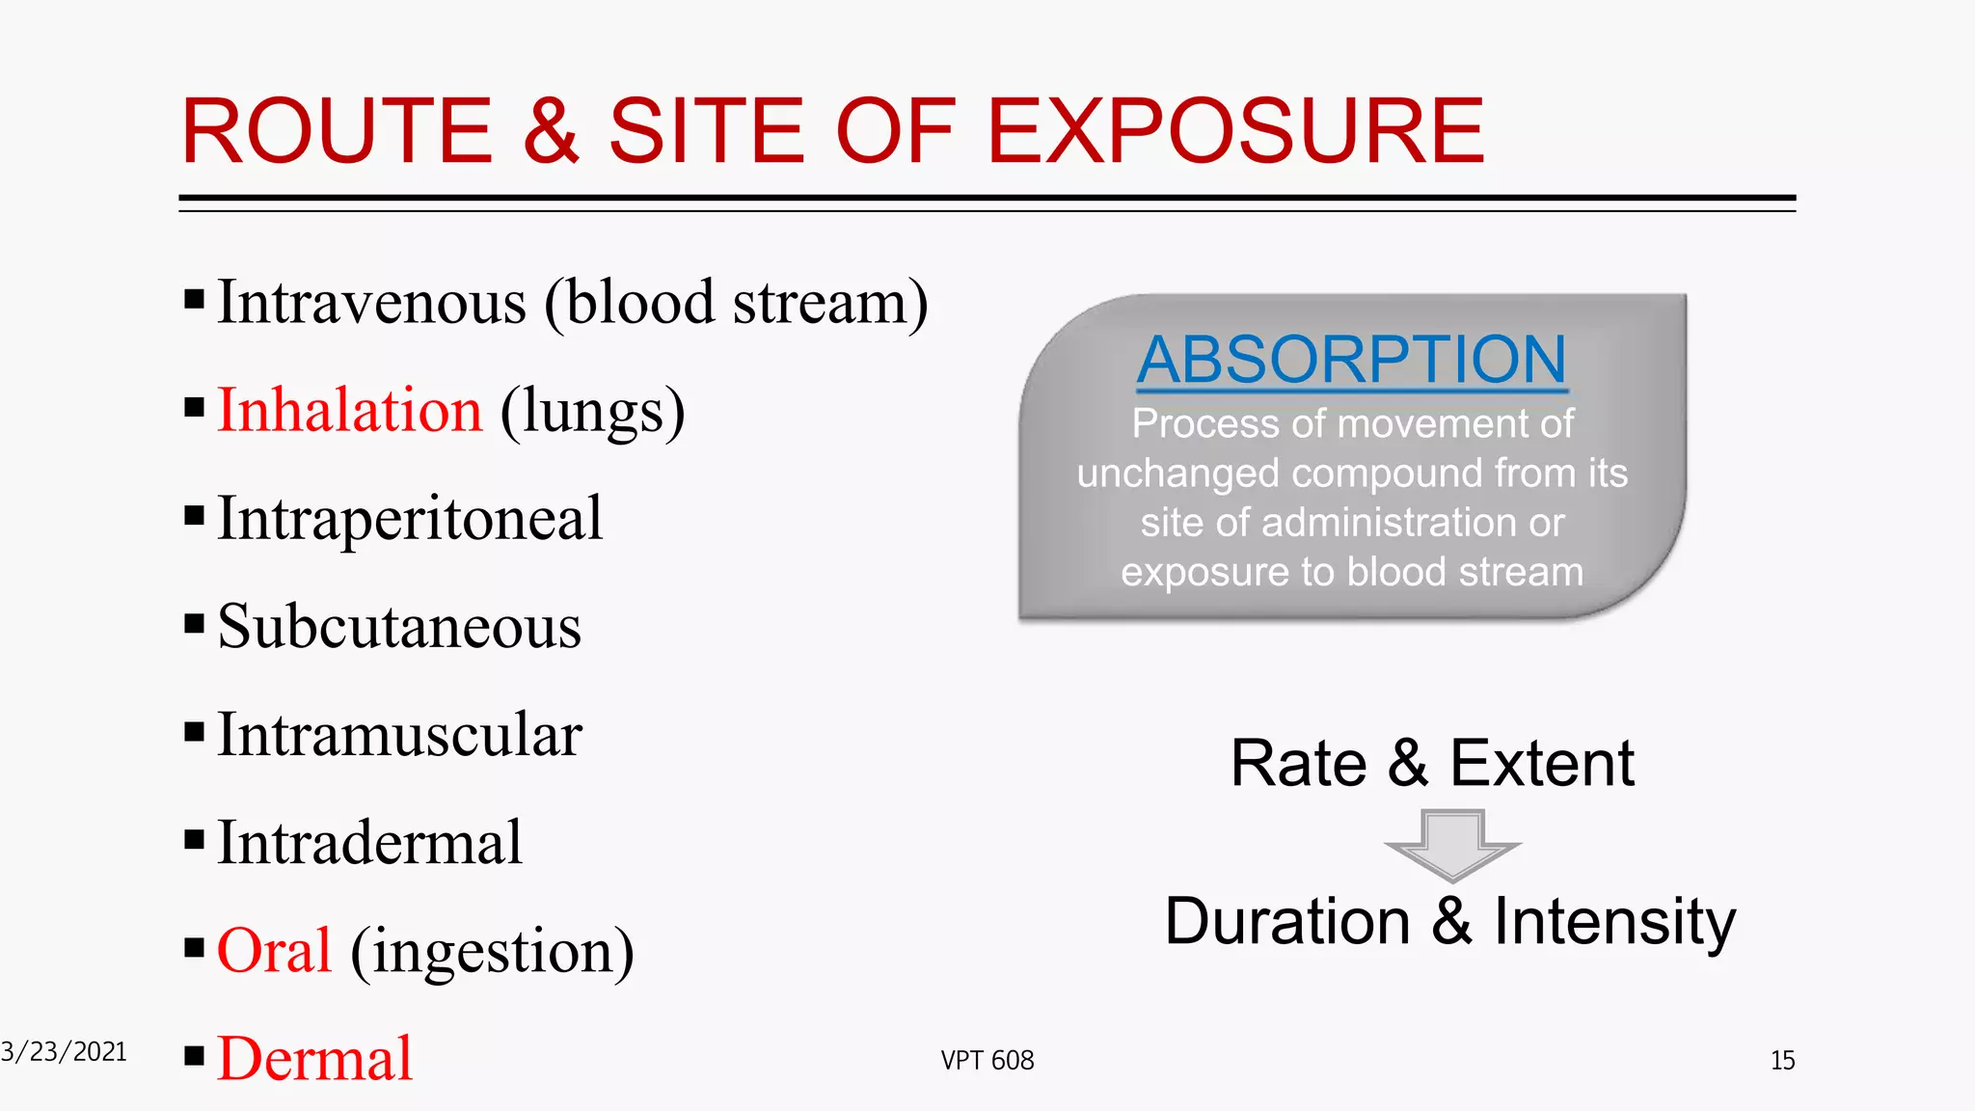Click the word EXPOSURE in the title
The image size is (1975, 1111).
pos(1235,131)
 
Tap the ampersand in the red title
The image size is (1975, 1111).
pos(551,131)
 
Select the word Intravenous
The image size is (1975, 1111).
pos(371,302)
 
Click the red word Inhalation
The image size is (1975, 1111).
pos(349,410)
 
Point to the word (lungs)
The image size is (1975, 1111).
pos(592,412)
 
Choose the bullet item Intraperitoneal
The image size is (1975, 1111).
pos(410,519)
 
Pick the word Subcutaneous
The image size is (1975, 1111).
pos(399,627)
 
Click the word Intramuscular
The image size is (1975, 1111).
pos(399,735)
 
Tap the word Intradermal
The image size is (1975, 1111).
pos(369,843)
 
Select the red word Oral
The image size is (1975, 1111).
pos(274,951)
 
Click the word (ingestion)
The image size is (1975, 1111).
pos(492,953)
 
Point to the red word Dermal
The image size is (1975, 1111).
pos(314,1059)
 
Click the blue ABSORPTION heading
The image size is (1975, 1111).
pos(1352,360)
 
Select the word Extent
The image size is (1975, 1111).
pos(1541,764)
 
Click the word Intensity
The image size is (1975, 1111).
pos(1614,922)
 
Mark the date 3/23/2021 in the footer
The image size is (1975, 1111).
pos(64,1052)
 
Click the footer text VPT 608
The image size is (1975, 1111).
pos(987,1061)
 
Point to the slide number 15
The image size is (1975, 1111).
pos(1782,1061)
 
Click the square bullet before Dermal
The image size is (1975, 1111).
pos(194,1056)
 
